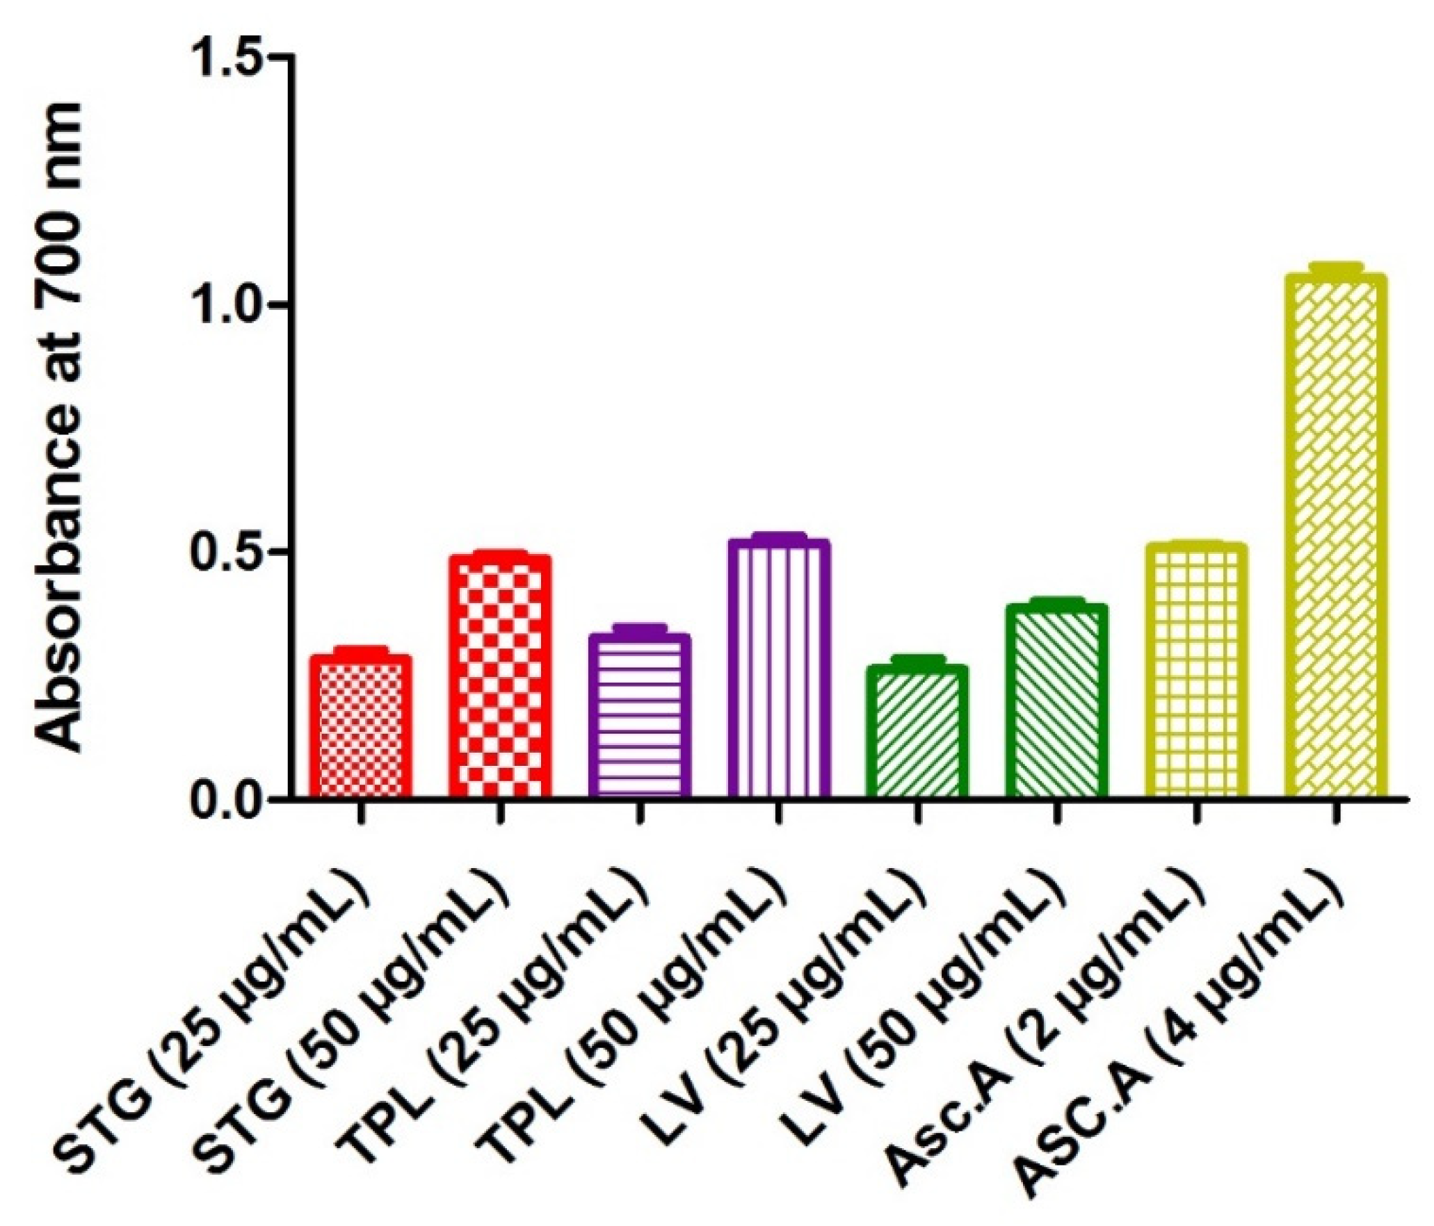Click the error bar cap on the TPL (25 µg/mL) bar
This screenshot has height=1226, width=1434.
click(639, 627)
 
